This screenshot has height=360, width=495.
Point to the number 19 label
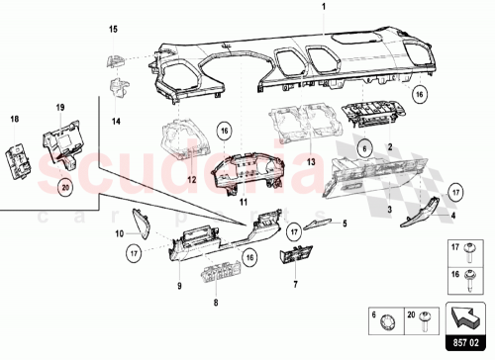click(x=59, y=105)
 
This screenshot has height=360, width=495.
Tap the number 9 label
click(x=179, y=287)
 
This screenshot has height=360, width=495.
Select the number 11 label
click(x=241, y=200)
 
